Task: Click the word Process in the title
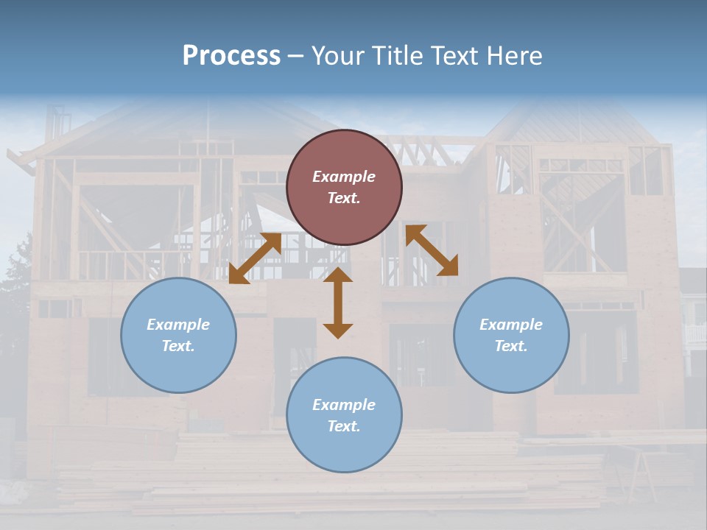pos(231,56)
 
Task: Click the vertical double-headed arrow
pos(338,303)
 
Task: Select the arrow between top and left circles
pos(255,258)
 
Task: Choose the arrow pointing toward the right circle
pos(432,250)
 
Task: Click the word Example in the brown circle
pos(344,177)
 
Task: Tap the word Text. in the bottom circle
pos(344,426)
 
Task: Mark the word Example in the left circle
pos(178,325)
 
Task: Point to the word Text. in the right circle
pos(511,346)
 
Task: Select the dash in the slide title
pos(295,57)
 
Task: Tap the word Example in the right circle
pos(511,325)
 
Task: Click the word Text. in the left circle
pos(178,346)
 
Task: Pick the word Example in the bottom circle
pos(344,405)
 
